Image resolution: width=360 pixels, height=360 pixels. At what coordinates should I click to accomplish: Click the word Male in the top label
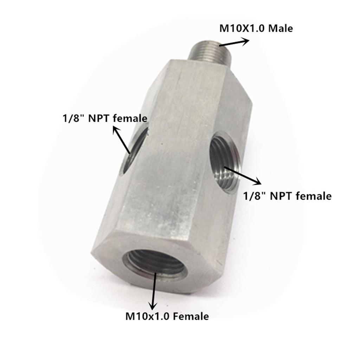(x=280, y=28)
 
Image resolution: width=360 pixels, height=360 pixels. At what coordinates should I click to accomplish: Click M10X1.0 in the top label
(x=242, y=28)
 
